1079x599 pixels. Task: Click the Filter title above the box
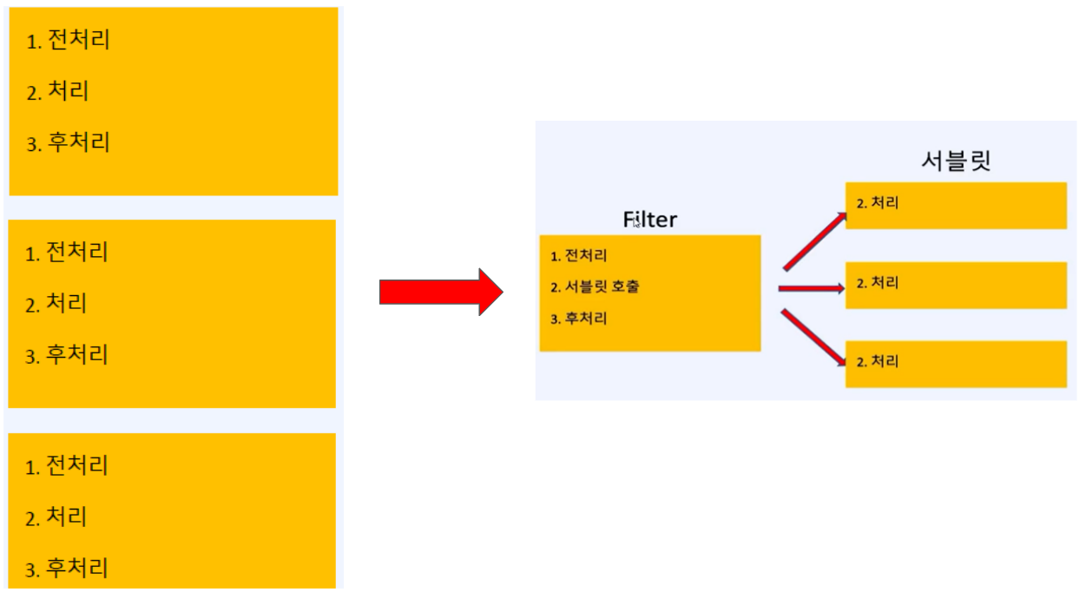pyautogui.click(x=649, y=220)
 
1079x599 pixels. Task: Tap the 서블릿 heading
pyautogui.click(x=956, y=161)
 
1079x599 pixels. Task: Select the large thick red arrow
pyautogui.click(x=440, y=293)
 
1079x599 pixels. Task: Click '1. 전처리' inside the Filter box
pyautogui.click(x=578, y=256)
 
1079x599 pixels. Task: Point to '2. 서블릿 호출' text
pyautogui.click(x=595, y=287)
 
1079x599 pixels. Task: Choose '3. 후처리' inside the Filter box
pyautogui.click(x=578, y=319)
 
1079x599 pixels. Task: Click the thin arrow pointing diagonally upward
pyautogui.click(x=814, y=241)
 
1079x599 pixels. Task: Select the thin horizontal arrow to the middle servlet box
pyautogui.click(x=812, y=288)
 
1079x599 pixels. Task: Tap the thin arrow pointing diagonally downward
pyautogui.click(x=813, y=337)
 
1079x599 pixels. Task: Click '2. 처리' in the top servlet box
pyautogui.click(x=877, y=204)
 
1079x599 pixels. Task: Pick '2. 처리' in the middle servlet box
pyautogui.click(x=877, y=283)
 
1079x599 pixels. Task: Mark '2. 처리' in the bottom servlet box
pyautogui.click(x=877, y=361)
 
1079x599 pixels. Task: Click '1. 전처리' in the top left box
pyautogui.click(x=69, y=40)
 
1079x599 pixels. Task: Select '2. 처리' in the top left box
pyautogui.click(x=58, y=91)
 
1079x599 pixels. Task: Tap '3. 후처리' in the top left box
pyautogui.click(x=69, y=142)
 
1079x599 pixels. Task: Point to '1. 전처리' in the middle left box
pyautogui.click(x=67, y=253)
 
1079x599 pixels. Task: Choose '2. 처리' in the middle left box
pyautogui.click(x=56, y=304)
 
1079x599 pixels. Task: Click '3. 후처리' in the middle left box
pyautogui.click(x=67, y=355)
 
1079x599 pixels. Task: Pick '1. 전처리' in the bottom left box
pyautogui.click(x=67, y=466)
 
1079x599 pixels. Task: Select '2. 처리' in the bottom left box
pyautogui.click(x=56, y=518)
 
